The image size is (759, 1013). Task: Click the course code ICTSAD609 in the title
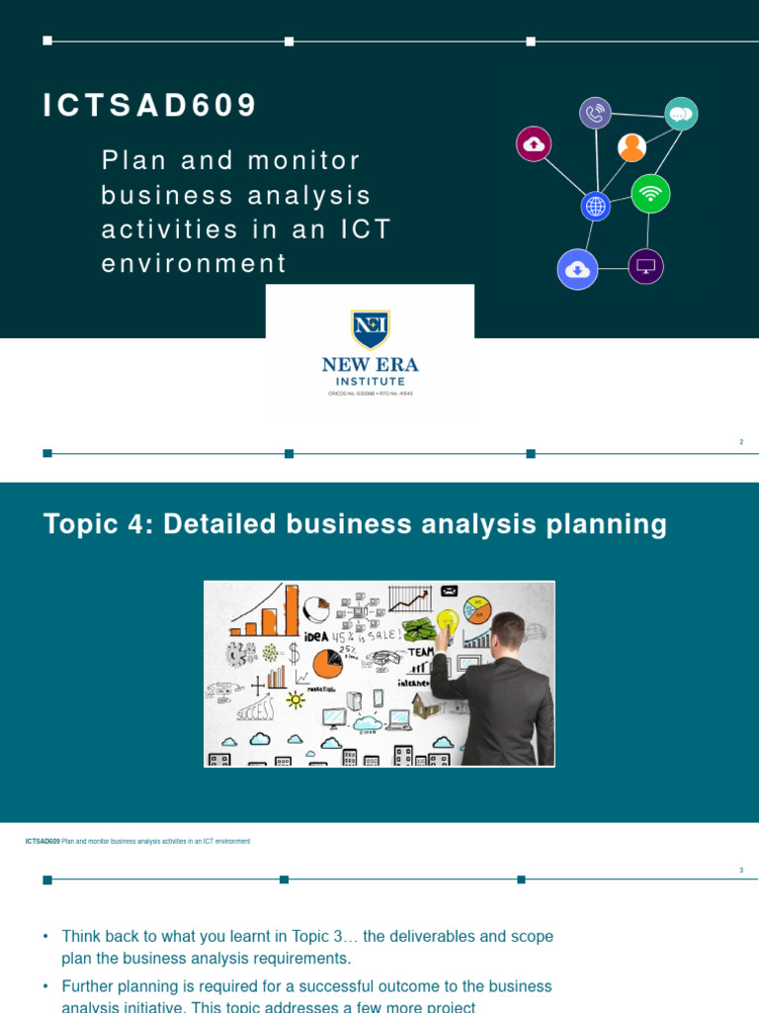click(x=150, y=106)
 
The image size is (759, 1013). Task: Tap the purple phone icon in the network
click(x=595, y=113)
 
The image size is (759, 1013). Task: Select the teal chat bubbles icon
click(x=681, y=114)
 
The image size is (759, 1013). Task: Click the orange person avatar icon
click(x=632, y=147)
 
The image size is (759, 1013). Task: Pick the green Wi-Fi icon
click(x=650, y=194)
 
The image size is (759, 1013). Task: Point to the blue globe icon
click(x=595, y=206)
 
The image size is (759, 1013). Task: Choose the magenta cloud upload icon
click(x=534, y=143)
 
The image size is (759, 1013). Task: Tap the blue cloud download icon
click(x=577, y=269)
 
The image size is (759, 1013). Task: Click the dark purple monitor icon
click(x=645, y=266)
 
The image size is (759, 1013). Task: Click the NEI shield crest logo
click(x=371, y=329)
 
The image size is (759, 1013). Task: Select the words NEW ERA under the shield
click(x=371, y=365)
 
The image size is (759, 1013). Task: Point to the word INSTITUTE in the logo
click(x=371, y=381)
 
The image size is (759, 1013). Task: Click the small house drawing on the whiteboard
click(x=426, y=704)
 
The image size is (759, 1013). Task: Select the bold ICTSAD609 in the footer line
click(x=42, y=841)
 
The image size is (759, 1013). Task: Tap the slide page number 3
click(x=741, y=871)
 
